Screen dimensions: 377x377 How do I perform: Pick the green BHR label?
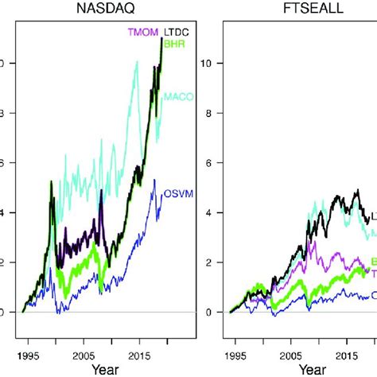(175, 45)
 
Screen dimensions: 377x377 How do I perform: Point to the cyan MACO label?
(177, 96)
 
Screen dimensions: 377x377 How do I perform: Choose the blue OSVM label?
(177, 193)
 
